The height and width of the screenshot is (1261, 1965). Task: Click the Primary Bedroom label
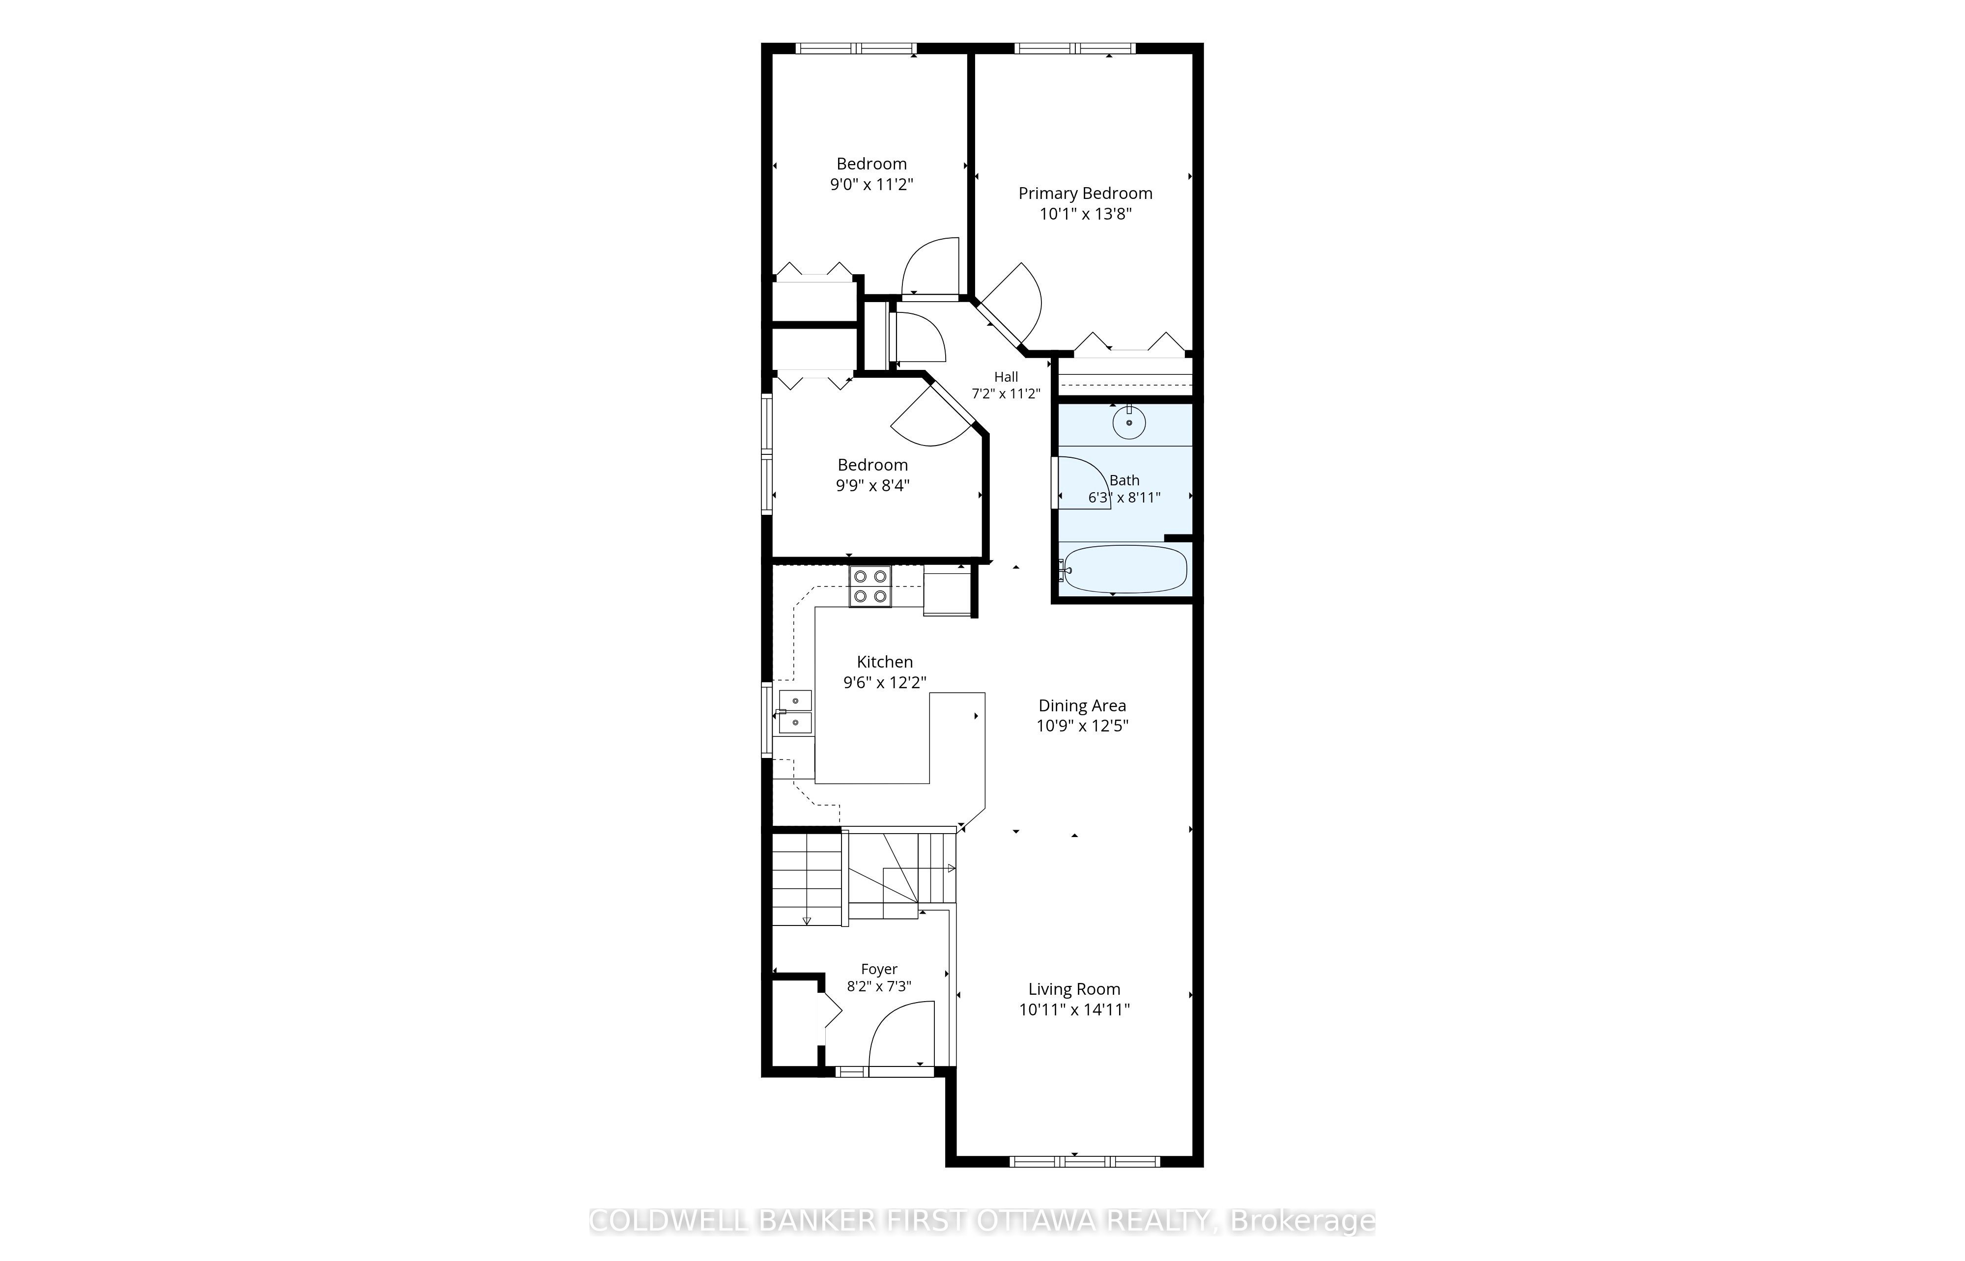click(x=1085, y=193)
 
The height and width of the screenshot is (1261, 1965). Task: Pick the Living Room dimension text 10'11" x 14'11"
click(x=1074, y=1009)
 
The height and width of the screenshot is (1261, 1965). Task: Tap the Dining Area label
click(x=1082, y=706)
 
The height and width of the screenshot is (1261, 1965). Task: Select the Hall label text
click(x=1006, y=377)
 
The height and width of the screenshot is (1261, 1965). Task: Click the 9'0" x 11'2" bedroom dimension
click(x=871, y=184)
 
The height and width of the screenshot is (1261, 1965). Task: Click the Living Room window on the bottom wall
click(x=1085, y=1161)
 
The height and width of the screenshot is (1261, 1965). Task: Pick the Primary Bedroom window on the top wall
click(x=1075, y=48)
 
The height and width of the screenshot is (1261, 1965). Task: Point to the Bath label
click(x=1124, y=480)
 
